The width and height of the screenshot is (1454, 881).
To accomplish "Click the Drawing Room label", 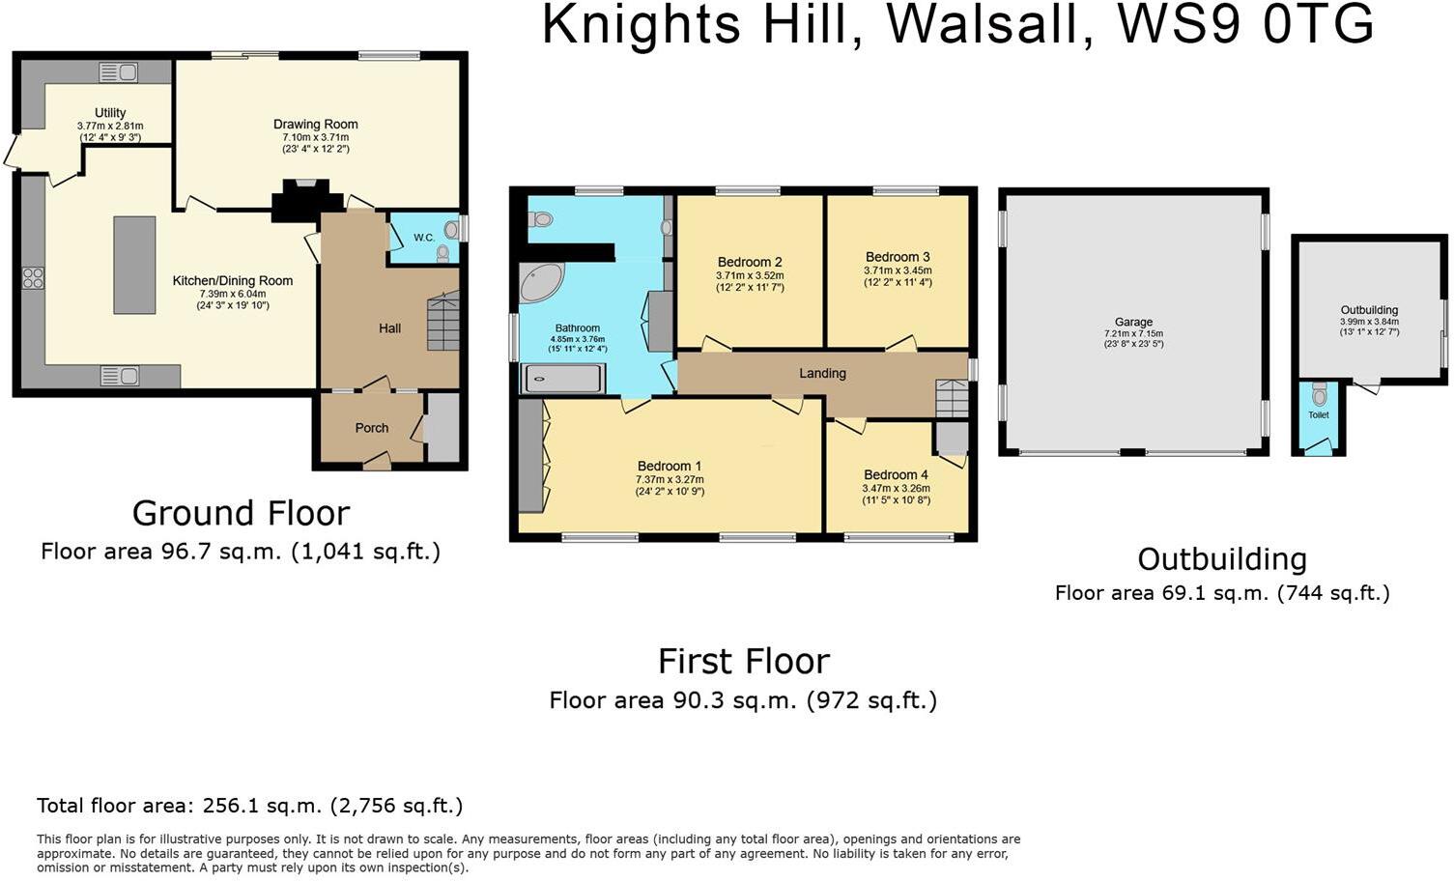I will (x=315, y=124).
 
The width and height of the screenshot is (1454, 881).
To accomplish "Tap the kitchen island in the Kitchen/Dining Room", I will (x=134, y=265).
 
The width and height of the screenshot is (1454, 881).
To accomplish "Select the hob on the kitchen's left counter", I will (x=32, y=278).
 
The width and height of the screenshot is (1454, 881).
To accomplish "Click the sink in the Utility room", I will (x=118, y=71).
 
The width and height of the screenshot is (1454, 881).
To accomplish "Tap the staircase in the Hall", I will (x=443, y=323).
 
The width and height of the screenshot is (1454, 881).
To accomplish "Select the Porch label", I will (x=372, y=428).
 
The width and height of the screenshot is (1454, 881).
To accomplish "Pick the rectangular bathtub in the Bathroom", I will (x=564, y=378).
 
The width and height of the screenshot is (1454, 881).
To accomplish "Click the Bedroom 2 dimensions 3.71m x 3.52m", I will (x=750, y=275).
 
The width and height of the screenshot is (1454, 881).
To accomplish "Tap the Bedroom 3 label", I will (x=898, y=257).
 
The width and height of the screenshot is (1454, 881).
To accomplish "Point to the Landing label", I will (x=822, y=373).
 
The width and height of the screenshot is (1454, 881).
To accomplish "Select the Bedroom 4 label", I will (x=896, y=474).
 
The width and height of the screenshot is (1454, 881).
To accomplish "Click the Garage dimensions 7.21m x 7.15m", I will (x=1133, y=334).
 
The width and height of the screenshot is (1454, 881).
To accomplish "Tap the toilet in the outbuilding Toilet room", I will (x=1319, y=396).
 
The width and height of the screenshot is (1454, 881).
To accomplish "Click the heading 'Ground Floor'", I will (x=241, y=512).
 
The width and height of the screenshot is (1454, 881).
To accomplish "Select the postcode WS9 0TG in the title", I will (x=1244, y=26).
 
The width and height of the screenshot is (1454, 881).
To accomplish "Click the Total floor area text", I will (x=249, y=805).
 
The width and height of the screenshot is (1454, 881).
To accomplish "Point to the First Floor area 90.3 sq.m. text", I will (x=743, y=700).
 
